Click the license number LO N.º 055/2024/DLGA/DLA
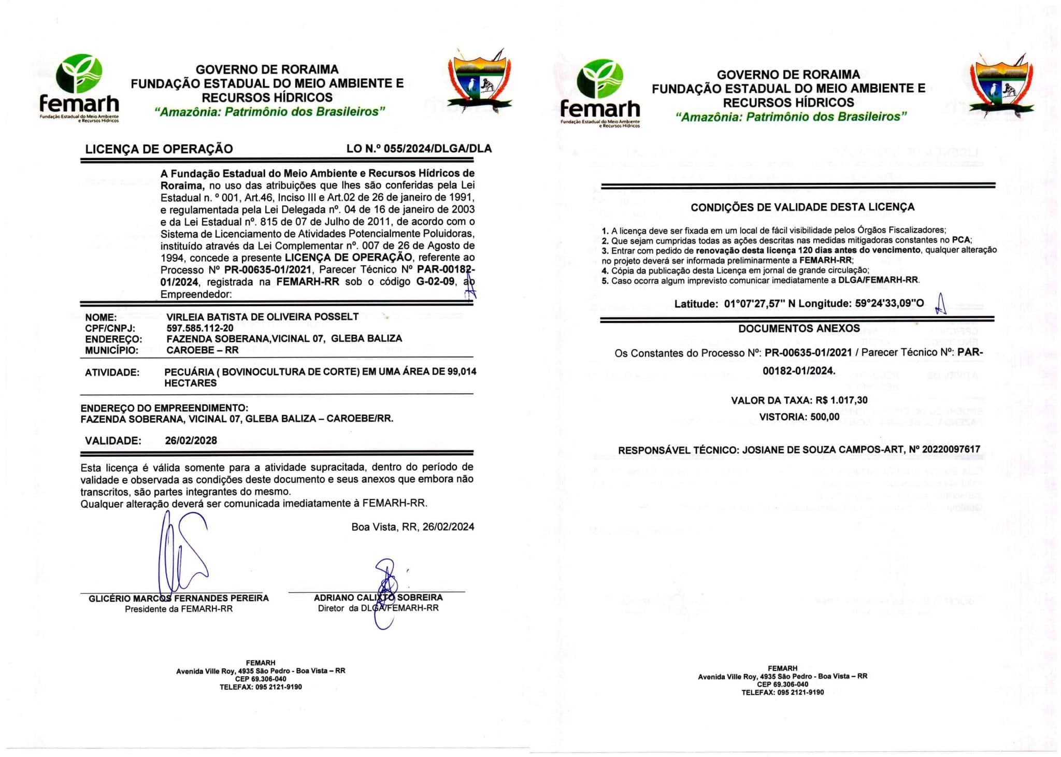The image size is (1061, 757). pos(419,149)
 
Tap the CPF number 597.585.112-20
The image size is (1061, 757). pos(199,328)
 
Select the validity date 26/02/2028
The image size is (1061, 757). pos(191,441)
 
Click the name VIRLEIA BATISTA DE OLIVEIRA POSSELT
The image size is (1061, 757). pos(262,317)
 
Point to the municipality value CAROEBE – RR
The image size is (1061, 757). pos(202,350)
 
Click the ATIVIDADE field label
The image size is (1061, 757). pos(112,373)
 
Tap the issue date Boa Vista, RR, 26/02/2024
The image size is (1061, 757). pos(412,527)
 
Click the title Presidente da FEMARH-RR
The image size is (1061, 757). pos(178,609)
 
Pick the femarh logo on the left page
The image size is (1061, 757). pos(79,88)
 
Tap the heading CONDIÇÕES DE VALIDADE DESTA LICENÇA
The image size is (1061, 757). pos(802,207)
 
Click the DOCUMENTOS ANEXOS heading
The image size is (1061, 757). pos(799,328)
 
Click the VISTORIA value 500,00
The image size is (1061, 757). pos(824,417)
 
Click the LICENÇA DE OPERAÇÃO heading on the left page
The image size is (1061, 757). pos(159,149)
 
